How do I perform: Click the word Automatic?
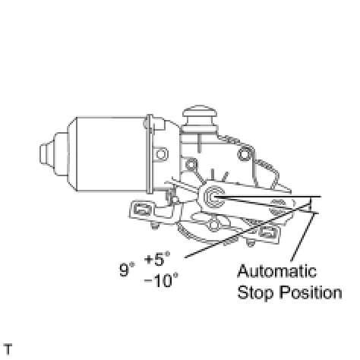point(277,271)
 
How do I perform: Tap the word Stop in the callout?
point(256,293)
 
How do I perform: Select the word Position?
point(311,292)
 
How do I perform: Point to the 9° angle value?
point(127,270)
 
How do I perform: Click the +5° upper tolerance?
point(157,259)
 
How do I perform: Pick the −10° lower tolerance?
point(161,280)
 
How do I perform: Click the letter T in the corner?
point(8,349)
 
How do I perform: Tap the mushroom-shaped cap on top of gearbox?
point(200,116)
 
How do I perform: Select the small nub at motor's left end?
point(46,154)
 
